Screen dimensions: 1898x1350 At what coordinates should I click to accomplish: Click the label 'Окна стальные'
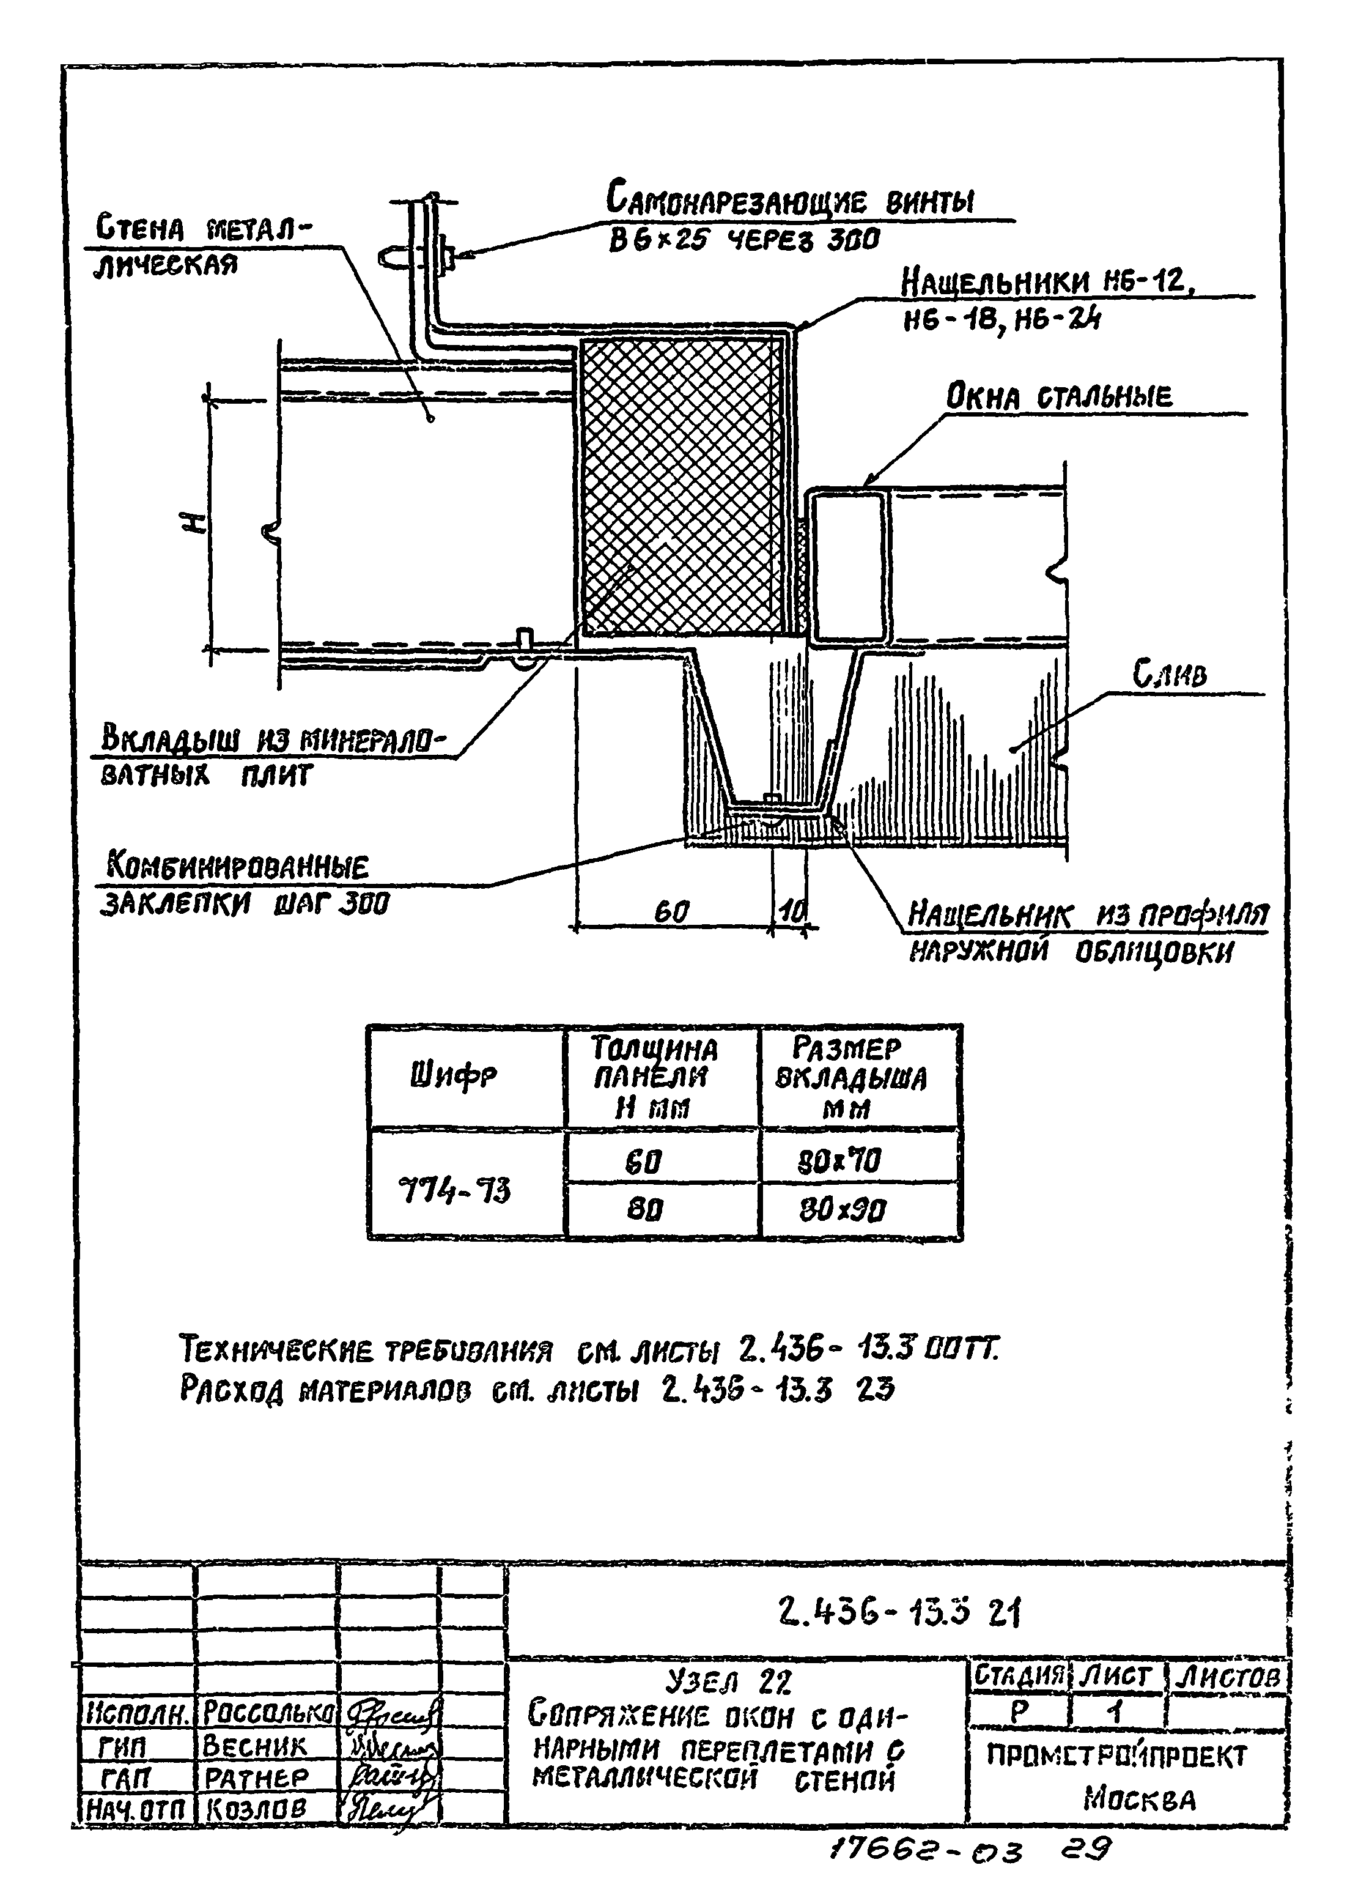[x=1058, y=398]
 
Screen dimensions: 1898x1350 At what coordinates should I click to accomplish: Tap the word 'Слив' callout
[x=1170, y=673]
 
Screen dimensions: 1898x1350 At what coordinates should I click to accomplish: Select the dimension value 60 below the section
[x=672, y=913]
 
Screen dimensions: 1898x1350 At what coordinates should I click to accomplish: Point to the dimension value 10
[x=791, y=913]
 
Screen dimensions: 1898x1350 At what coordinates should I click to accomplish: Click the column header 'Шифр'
[x=453, y=1077]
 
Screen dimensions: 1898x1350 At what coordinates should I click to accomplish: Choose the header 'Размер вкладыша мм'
[x=850, y=1078]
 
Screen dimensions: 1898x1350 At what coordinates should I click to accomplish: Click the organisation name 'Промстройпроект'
[x=1116, y=1755]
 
